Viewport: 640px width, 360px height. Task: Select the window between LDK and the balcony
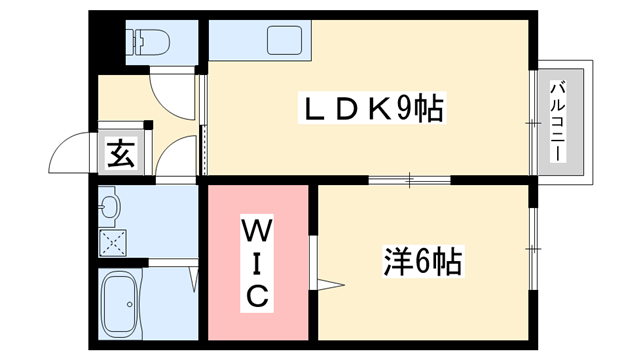(x=531, y=121)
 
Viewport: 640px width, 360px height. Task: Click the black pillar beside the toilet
(x=105, y=40)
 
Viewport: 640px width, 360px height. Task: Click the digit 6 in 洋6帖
(x=423, y=262)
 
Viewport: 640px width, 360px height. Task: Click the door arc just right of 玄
(x=176, y=158)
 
